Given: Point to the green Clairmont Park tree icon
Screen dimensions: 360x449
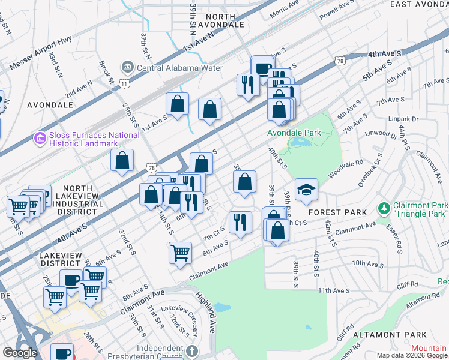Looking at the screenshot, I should point(383,209).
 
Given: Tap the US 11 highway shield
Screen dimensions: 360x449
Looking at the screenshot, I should point(124,83).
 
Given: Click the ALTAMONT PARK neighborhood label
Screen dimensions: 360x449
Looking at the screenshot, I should point(390,335).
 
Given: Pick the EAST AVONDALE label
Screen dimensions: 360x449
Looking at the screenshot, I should point(418,4).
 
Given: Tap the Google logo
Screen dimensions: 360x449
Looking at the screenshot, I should point(20,353).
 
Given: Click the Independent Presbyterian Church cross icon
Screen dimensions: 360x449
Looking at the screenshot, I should point(191,350).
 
